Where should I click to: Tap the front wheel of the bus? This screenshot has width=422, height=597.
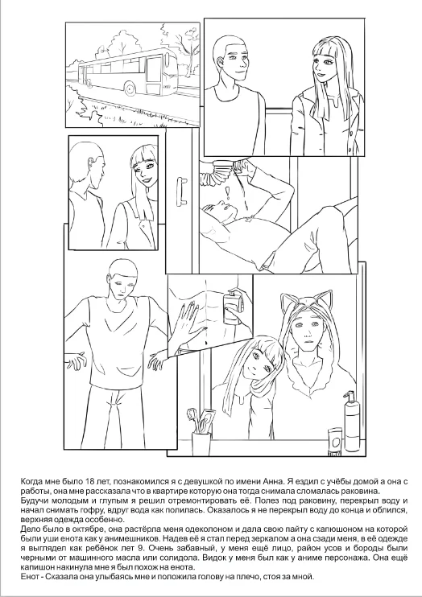130,89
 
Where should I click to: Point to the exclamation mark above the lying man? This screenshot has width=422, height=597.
228,193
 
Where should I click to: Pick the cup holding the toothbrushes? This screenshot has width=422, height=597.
201,443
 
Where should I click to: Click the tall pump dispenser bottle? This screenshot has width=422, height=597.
352,422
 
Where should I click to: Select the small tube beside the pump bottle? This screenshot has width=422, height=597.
335,442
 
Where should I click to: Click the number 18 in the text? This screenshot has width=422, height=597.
86,480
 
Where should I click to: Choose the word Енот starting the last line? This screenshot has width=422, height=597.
29,576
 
